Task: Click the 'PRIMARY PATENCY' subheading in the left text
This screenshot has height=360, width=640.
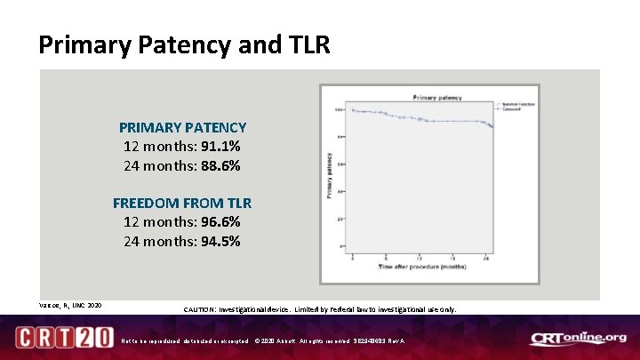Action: point(182,128)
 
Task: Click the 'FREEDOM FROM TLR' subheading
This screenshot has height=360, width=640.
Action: point(182,204)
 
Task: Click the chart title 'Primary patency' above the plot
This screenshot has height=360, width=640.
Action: point(436,97)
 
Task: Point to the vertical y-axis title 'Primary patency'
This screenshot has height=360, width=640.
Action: point(330,174)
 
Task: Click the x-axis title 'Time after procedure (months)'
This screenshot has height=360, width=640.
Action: point(423,267)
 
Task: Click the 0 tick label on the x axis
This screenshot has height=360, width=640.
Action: point(353,257)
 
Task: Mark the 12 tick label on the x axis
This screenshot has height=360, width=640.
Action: point(419,257)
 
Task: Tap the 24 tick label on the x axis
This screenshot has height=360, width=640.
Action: point(485,257)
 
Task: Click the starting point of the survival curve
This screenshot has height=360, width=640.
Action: point(353,110)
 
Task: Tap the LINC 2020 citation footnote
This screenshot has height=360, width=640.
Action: point(69,306)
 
